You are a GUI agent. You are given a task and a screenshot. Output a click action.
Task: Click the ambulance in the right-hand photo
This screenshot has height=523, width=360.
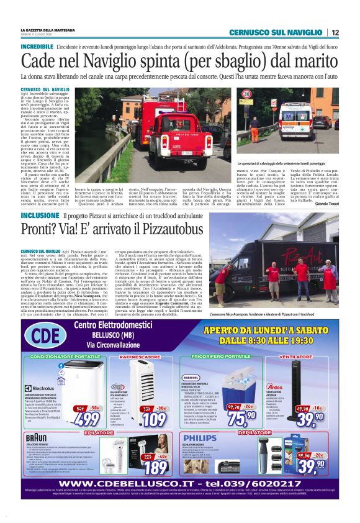point(295,115)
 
